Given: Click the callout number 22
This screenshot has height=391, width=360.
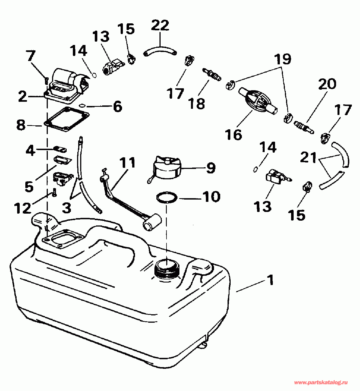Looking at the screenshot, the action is click(160, 25).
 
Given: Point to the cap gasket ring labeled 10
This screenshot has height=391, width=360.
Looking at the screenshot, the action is click(167, 197).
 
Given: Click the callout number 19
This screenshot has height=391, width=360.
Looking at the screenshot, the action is click(283, 59).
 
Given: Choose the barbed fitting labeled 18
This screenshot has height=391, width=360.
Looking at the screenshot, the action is click(212, 74).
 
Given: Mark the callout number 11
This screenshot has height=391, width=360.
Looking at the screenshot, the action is click(127, 163).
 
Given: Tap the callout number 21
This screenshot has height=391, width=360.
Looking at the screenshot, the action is click(308, 158).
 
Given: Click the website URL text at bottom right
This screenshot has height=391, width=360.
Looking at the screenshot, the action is click(321, 383).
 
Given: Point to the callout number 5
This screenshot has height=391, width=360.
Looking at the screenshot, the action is click(29, 186).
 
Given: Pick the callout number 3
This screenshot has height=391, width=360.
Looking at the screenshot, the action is click(67, 208).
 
